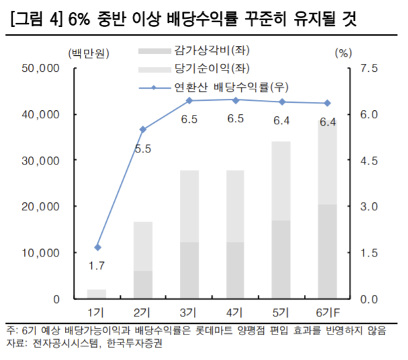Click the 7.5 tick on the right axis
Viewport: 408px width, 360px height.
370,69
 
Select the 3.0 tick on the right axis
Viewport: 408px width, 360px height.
370,207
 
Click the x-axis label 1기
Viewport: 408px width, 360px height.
97,312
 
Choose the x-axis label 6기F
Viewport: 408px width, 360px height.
327,312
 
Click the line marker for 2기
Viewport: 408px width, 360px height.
142,129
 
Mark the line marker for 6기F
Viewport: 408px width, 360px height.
327,103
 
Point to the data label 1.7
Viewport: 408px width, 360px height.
97,267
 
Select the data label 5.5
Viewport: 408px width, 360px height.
142,148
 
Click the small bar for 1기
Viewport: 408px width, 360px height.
97,294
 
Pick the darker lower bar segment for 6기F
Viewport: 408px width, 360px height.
327,252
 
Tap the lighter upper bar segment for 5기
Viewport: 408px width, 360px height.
280,181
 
